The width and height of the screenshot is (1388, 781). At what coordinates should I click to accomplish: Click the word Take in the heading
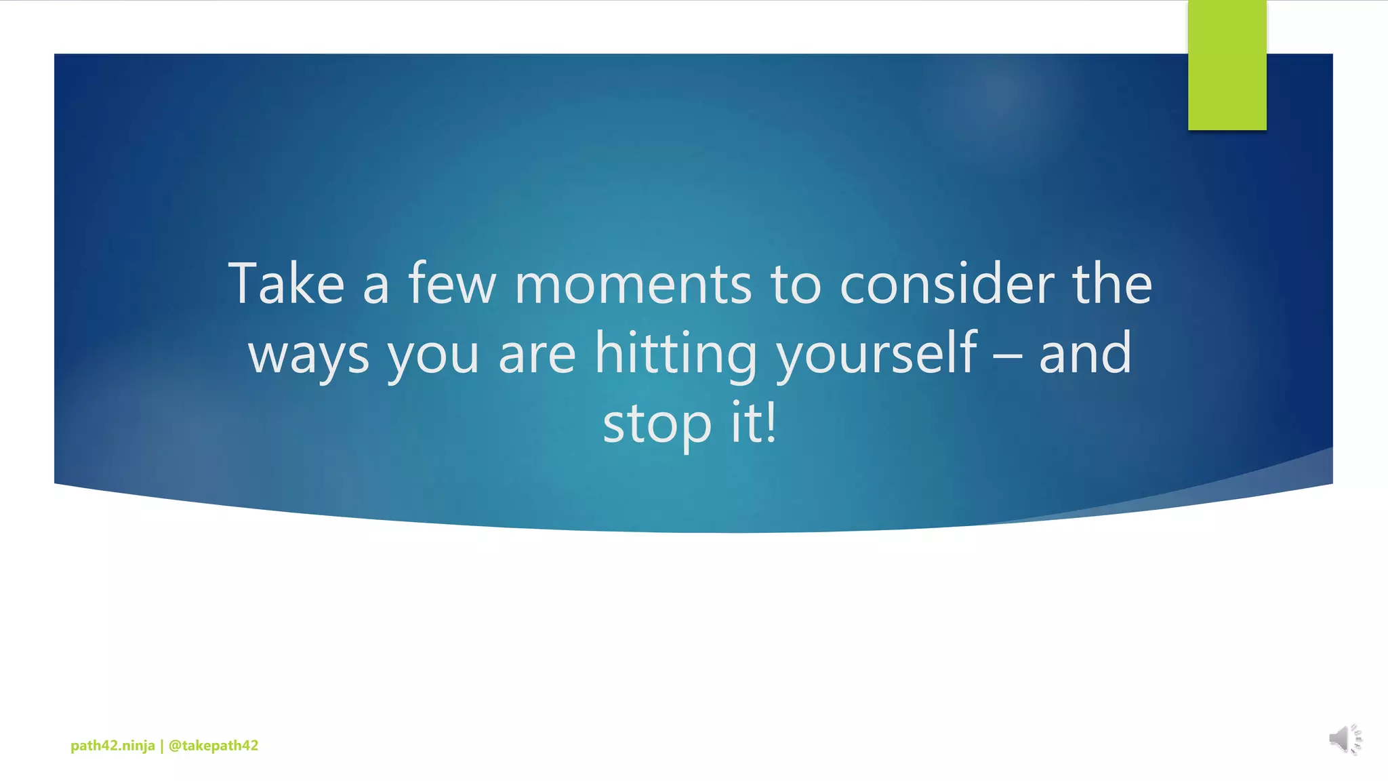click(287, 284)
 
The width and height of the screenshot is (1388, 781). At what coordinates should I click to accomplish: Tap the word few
click(452, 284)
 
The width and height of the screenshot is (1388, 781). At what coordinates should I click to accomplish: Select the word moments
click(633, 284)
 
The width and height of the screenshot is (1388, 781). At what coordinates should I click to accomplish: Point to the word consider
click(947, 284)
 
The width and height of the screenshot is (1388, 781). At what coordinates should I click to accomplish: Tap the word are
click(537, 354)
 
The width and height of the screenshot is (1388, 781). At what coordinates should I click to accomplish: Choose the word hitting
click(675, 354)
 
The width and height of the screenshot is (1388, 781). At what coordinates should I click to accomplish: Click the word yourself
click(876, 354)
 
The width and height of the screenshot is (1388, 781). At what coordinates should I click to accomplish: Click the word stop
click(657, 424)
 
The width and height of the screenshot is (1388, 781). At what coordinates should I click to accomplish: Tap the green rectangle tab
click(1227, 65)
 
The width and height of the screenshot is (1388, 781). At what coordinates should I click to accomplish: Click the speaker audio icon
click(1345, 739)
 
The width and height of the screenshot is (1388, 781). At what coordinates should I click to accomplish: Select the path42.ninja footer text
click(113, 746)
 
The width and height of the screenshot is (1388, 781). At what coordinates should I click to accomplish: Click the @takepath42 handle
click(213, 746)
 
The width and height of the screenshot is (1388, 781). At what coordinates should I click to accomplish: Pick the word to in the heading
click(795, 284)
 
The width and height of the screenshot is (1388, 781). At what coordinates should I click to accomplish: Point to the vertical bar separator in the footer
click(161, 746)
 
